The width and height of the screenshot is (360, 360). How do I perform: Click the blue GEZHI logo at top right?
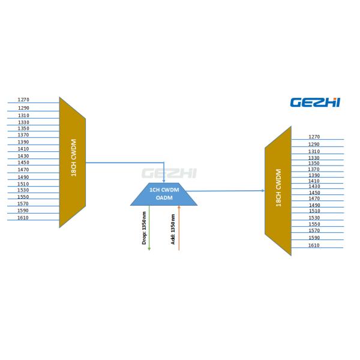(x=315, y=103)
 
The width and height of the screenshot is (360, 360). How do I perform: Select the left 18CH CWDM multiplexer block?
(x=73, y=162)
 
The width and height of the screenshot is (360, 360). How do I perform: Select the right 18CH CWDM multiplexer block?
(x=278, y=191)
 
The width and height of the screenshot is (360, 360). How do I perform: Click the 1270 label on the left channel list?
(x=23, y=100)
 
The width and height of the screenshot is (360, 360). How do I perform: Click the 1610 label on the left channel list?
(x=23, y=218)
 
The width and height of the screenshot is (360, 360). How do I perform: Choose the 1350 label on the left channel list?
(x=23, y=128)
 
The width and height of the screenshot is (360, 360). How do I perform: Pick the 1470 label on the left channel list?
(x=23, y=170)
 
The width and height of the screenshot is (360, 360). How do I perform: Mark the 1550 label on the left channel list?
(x=23, y=197)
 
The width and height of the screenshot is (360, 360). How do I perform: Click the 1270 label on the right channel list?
(x=314, y=137)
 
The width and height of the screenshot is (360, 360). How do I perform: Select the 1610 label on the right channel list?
(x=314, y=245)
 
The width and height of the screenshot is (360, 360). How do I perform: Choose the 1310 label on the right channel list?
(x=314, y=152)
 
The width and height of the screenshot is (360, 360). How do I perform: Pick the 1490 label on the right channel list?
(x=314, y=205)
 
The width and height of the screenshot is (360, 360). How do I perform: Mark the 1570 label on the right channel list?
(x=314, y=230)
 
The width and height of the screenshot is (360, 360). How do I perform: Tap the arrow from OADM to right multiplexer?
(x=228, y=191)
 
